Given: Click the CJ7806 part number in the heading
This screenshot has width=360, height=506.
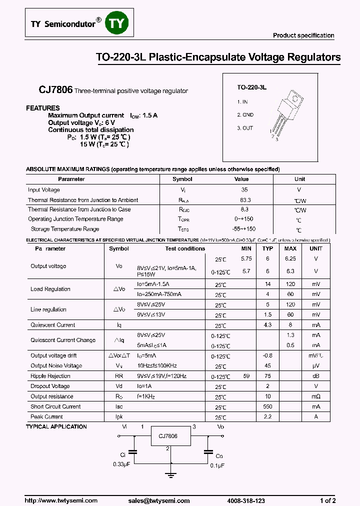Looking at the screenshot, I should [55, 90].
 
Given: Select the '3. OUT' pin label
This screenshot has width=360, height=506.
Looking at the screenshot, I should [245, 128].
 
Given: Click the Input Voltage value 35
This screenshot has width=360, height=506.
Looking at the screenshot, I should [244, 190].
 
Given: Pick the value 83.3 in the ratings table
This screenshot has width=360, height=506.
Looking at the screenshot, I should [245, 200].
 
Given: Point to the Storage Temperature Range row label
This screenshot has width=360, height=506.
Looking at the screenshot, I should [65, 229].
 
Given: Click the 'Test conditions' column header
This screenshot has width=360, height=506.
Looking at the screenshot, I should [185, 248].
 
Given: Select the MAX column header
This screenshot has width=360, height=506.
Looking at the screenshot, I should [290, 248].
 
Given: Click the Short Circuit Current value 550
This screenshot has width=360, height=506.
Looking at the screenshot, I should [267, 406].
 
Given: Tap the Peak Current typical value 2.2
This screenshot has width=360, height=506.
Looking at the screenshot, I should [267, 416].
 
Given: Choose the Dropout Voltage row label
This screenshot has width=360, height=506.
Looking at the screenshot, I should [50, 386].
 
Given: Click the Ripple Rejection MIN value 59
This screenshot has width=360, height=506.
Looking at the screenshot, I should [246, 376].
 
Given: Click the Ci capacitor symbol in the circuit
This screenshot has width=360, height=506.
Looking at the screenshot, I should [133, 451].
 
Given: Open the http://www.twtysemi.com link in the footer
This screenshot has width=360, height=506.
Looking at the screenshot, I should [54, 500].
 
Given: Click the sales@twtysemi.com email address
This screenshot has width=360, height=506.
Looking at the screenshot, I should [158, 500].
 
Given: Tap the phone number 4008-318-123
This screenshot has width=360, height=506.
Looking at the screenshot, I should [245, 500].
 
